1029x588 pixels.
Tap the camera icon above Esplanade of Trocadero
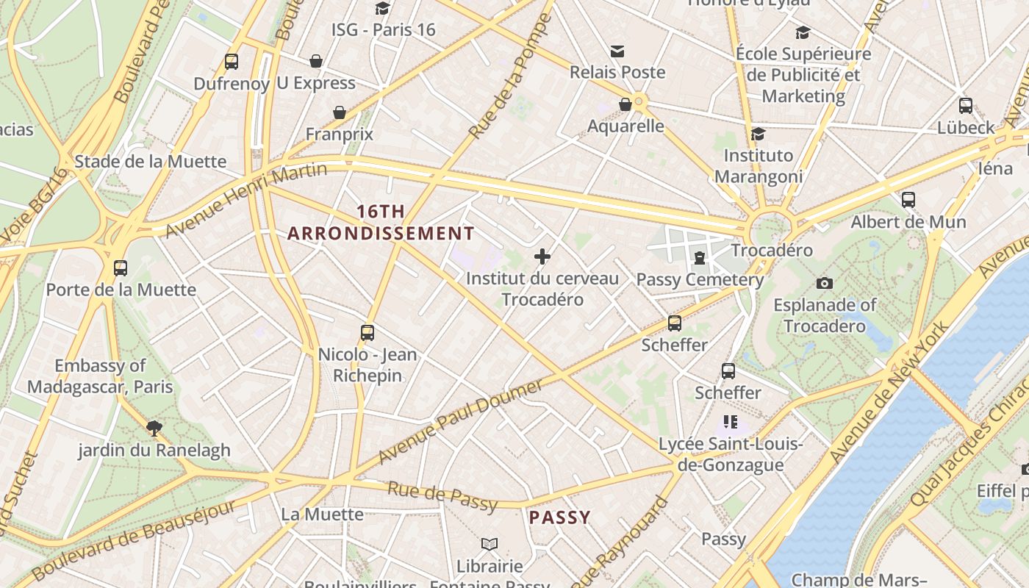pyautogui.click(x=825, y=283)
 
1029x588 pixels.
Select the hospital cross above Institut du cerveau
pyautogui.click(x=542, y=257)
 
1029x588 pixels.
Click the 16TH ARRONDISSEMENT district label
pyautogui.click(x=381, y=223)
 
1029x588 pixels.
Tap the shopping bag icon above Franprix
pyautogui.click(x=340, y=112)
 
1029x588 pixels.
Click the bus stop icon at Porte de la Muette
pyautogui.click(x=121, y=268)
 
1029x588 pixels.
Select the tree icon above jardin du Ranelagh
pyautogui.click(x=154, y=428)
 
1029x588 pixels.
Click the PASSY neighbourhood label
pyautogui.click(x=559, y=517)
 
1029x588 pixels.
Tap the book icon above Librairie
pyautogui.click(x=490, y=544)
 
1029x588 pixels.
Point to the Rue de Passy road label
pyautogui.click(x=442, y=495)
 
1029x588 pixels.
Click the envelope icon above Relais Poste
pyautogui.click(x=617, y=51)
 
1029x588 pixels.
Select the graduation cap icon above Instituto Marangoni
pyautogui.click(x=758, y=134)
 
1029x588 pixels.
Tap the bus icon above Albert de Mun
pyautogui.click(x=908, y=199)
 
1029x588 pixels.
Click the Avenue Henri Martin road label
pyautogui.click(x=246, y=201)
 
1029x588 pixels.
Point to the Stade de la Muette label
pyautogui.click(x=151, y=162)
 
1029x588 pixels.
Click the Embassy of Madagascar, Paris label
pyautogui.click(x=100, y=376)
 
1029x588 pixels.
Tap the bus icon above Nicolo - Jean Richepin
pyautogui.click(x=367, y=332)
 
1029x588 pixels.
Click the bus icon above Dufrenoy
pyautogui.click(x=232, y=62)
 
